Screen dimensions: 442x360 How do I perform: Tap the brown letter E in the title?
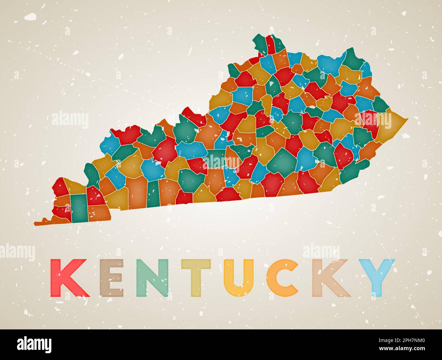pos(112,278)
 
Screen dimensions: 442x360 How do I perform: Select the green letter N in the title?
pos(153,278)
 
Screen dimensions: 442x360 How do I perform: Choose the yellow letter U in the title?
pos(240,278)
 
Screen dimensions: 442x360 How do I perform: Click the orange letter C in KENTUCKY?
pos(282,278)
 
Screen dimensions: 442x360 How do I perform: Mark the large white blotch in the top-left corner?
pos(31,16)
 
